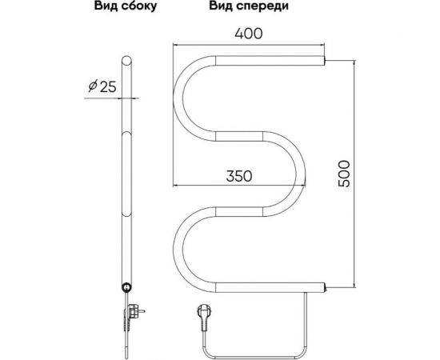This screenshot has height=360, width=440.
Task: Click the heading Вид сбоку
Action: point(125,6)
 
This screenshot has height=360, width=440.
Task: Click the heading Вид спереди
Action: point(249,6)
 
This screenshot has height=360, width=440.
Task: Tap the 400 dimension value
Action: point(249,34)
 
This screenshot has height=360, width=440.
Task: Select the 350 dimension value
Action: point(239,176)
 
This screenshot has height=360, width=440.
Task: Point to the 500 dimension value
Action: point(344,174)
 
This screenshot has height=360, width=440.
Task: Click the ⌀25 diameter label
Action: point(102,86)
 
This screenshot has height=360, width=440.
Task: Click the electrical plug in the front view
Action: point(202,317)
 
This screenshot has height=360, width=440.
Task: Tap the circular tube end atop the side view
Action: point(126,61)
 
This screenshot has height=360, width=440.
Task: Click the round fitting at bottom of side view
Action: point(126,287)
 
